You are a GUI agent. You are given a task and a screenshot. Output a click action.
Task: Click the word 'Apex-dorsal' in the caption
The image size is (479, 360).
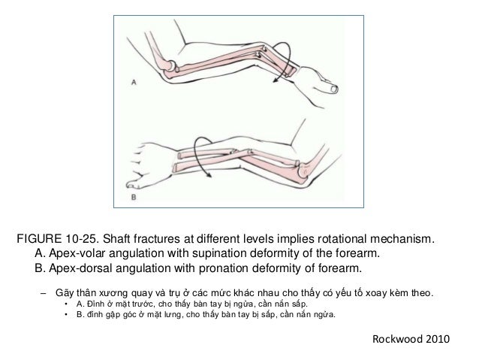(x=83, y=268)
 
